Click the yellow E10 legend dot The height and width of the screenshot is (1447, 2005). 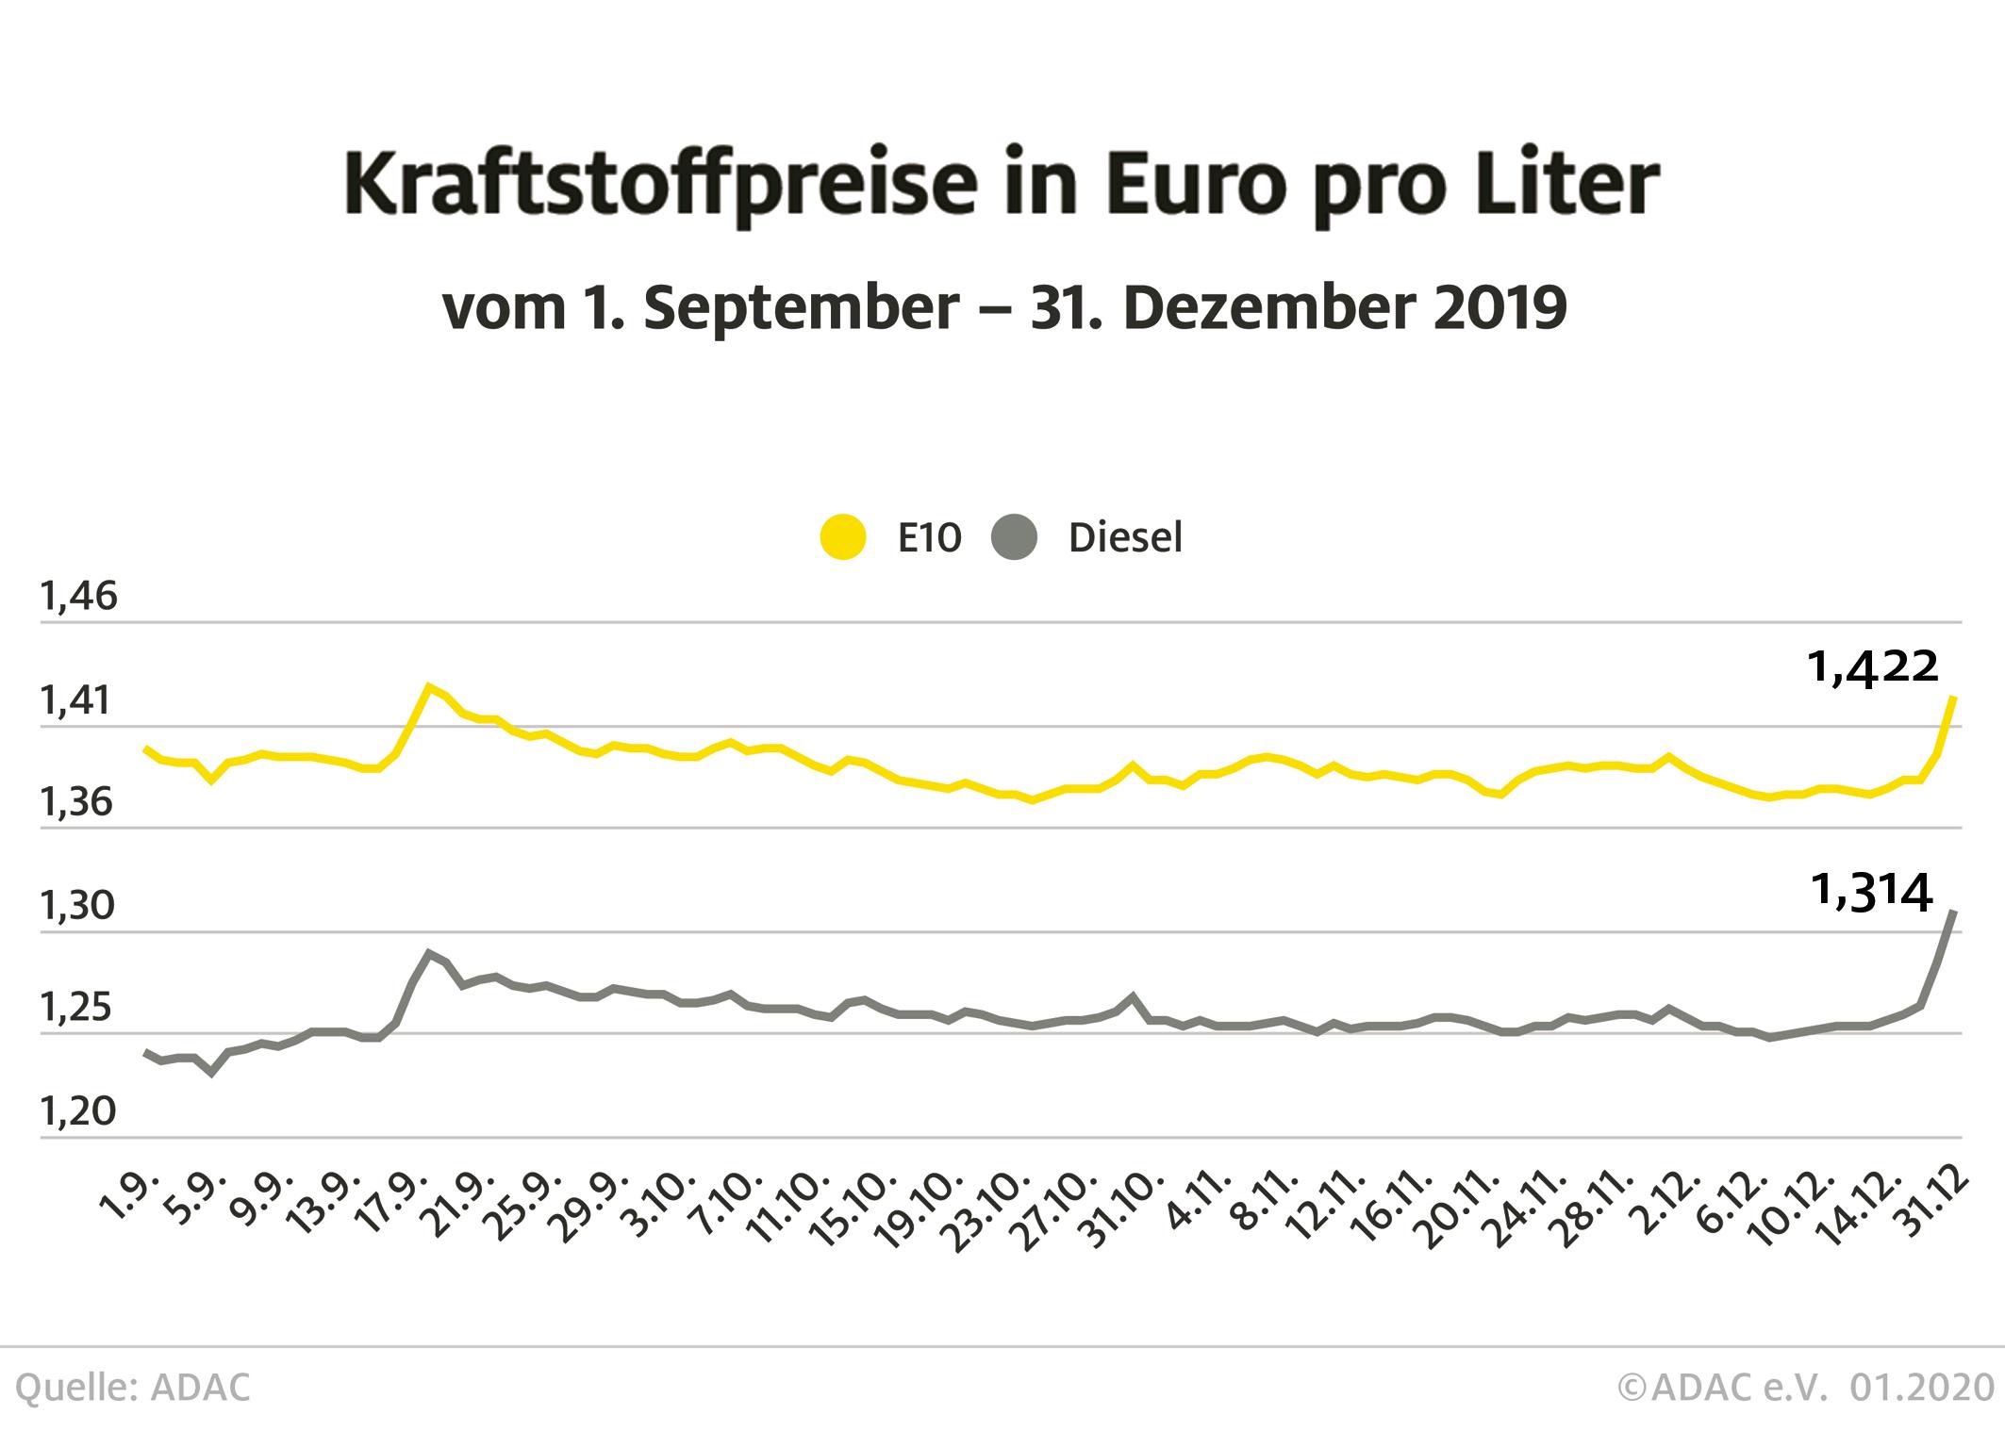click(843, 537)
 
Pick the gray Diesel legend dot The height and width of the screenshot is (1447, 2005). click(1015, 537)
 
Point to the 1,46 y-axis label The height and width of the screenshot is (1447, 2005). click(78, 597)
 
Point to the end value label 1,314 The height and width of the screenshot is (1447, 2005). click(1873, 892)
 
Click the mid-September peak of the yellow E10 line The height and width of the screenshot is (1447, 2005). click(429, 686)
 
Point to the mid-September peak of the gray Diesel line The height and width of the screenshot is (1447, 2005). click(429, 953)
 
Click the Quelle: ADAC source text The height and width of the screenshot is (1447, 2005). click(133, 1388)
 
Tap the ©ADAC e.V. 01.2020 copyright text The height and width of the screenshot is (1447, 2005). click(1805, 1388)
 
